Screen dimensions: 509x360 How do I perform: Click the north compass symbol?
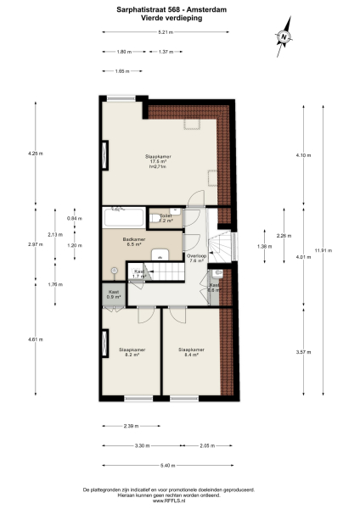[283, 36]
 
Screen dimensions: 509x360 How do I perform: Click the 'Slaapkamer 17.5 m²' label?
[155, 159]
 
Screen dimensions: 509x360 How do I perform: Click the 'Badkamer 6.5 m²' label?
[132, 242]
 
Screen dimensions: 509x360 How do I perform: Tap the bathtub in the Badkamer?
[122, 217]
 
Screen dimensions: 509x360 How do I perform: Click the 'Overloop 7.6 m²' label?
[197, 259]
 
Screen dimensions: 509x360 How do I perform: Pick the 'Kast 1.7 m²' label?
[140, 274]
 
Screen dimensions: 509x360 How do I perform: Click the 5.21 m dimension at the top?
[165, 32]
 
